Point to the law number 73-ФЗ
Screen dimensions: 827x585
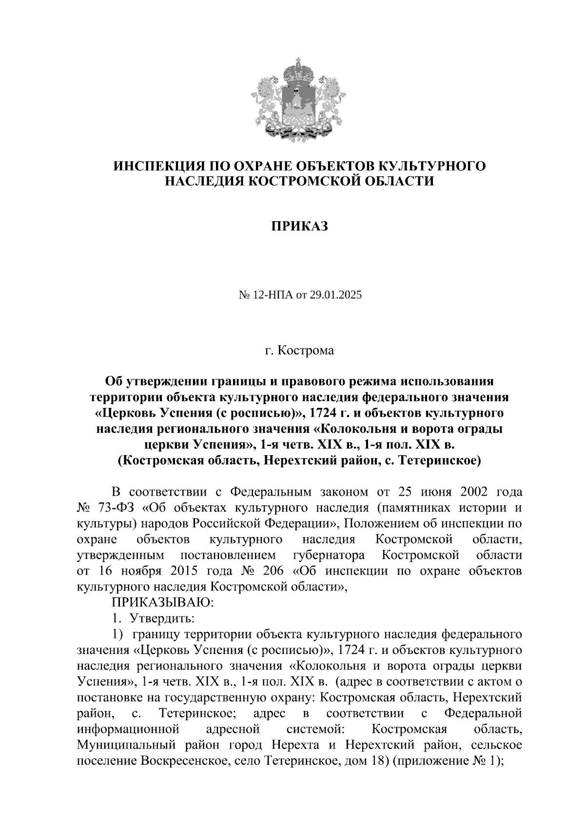(x=116, y=508)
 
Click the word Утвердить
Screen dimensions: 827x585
(x=162, y=618)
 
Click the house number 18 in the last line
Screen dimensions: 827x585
(x=375, y=761)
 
